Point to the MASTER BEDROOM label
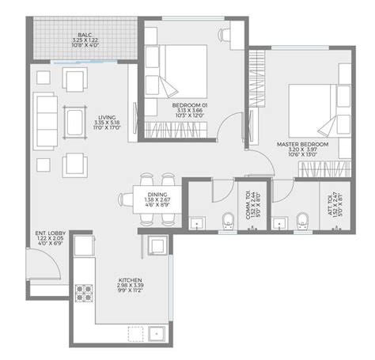[x=297, y=145]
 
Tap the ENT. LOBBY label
[x=47, y=233]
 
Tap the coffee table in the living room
[x=76, y=122]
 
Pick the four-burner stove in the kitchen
[x=83, y=294]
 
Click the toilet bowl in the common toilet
[x=227, y=222]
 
